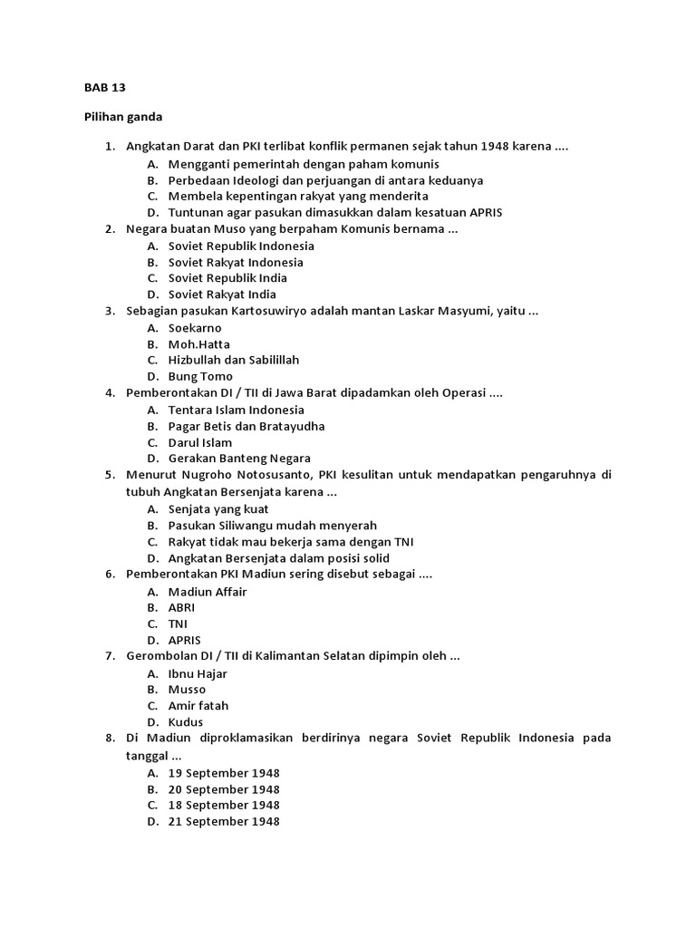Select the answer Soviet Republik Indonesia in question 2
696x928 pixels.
pos(241,246)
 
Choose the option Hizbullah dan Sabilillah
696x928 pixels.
pos(234,360)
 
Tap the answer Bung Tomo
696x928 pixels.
pos(200,376)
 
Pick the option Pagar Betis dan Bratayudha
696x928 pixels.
pos(246,426)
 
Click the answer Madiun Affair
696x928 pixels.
pos(208,592)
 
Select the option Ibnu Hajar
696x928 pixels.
pos(198,673)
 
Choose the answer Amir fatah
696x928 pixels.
pos(198,705)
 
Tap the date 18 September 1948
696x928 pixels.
pos(224,805)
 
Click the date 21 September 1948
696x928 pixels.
pos(224,821)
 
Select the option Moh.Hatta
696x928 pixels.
pos(199,344)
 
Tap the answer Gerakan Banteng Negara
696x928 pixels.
pos(239,458)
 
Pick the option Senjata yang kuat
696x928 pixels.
pos(218,509)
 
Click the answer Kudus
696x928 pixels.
pos(186,722)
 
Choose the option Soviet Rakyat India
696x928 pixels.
pos(222,295)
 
